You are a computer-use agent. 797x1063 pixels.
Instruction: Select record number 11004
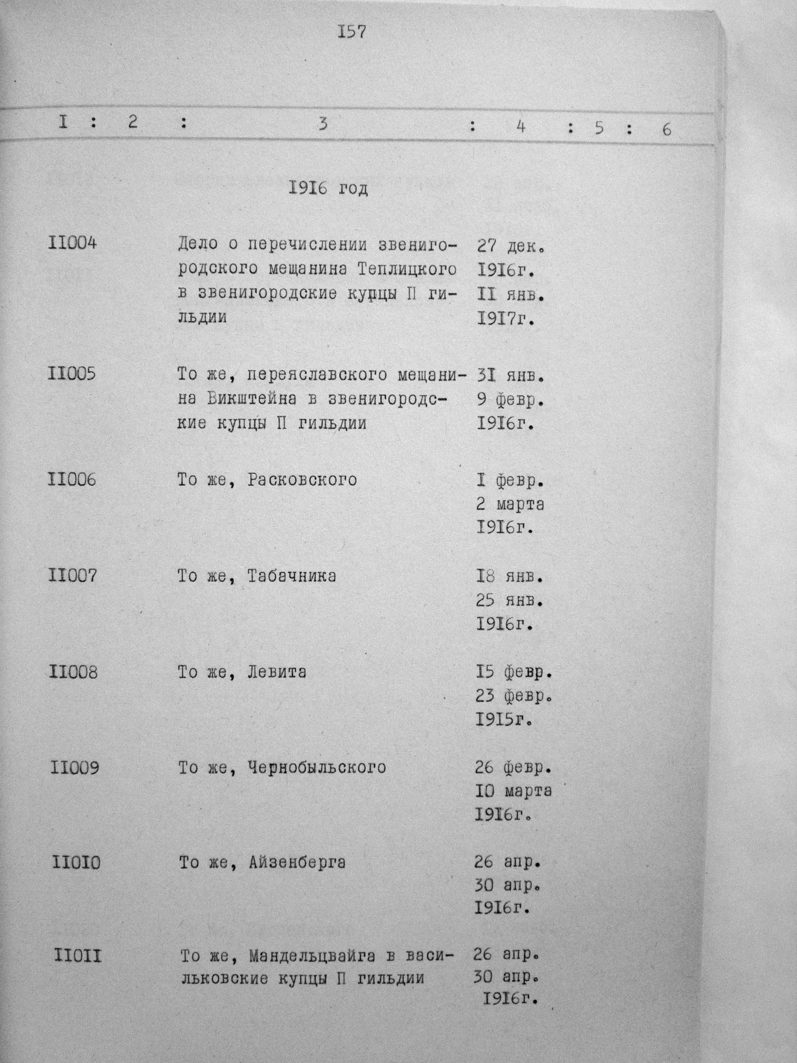coord(72,243)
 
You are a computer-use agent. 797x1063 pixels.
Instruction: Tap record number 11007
coord(72,575)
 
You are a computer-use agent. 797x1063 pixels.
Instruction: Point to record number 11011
coord(78,956)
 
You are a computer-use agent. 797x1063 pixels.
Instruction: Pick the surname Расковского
coord(302,479)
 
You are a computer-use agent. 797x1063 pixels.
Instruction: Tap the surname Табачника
coord(291,575)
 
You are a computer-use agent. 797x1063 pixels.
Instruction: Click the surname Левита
coord(276,671)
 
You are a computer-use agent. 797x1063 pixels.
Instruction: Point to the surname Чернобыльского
coord(317,767)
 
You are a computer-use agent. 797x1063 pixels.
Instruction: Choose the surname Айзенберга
coord(297,862)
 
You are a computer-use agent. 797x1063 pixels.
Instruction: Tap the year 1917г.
coord(506,319)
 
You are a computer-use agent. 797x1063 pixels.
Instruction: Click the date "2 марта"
coord(510,504)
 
